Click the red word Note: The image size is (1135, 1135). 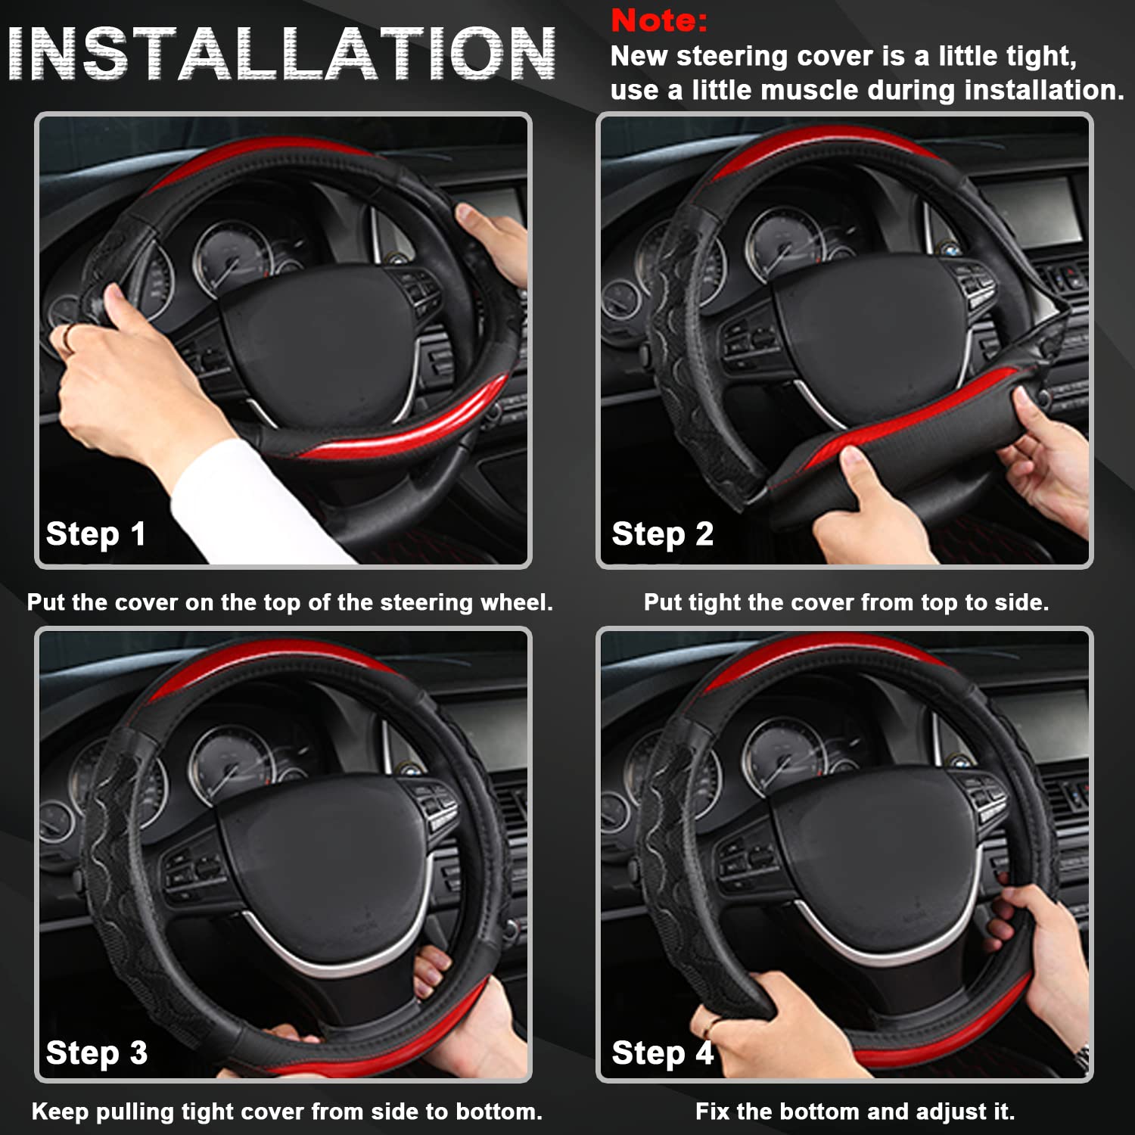(x=658, y=20)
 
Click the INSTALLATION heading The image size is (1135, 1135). (x=281, y=54)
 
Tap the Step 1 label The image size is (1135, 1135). (x=95, y=534)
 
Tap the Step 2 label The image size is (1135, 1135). (x=662, y=534)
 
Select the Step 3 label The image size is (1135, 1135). (x=96, y=1053)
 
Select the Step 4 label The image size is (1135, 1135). (x=662, y=1053)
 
